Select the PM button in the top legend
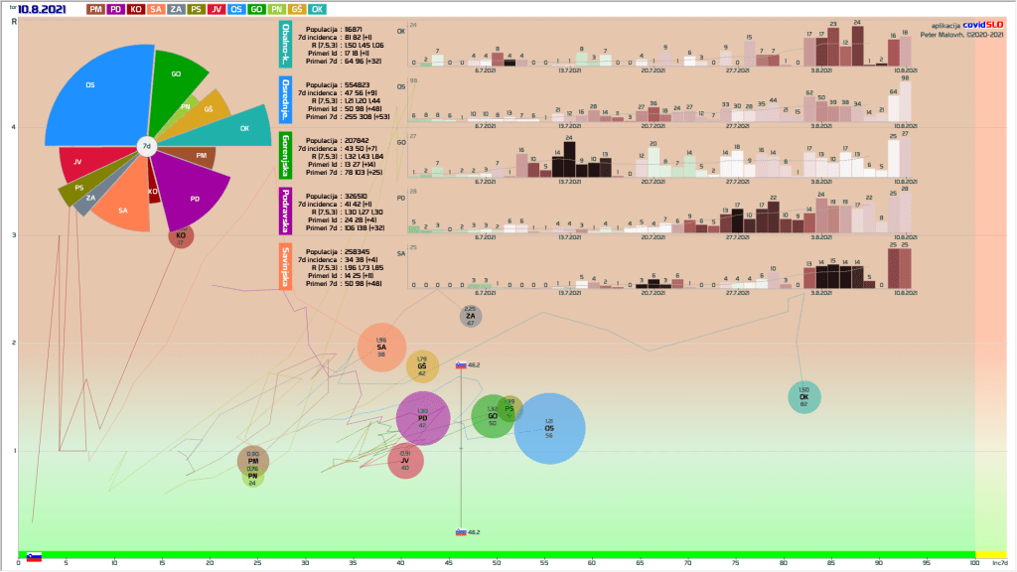96,9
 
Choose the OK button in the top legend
317,9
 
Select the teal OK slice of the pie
238,127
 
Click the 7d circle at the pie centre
146,147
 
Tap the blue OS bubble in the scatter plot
549,428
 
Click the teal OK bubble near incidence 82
803,396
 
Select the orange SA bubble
381,347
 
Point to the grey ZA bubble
471,316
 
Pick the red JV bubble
405,461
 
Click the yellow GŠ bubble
422,365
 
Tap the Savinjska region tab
286,265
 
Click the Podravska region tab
286,211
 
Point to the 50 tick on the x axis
496,564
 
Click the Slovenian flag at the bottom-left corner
34,557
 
